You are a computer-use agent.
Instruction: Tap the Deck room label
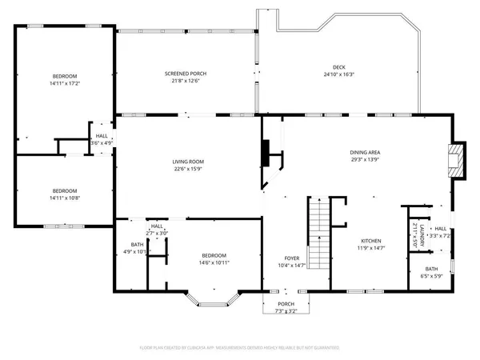pyautogui.click(x=339, y=67)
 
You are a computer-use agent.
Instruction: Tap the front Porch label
pyautogui.click(x=286, y=304)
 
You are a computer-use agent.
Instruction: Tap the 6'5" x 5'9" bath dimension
pyautogui.click(x=431, y=276)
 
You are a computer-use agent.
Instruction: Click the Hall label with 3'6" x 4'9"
pyautogui.click(x=102, y=136)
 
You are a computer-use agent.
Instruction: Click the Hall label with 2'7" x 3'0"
pyautogui.click(x=157, y=226)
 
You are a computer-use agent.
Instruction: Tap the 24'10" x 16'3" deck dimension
pyautogui.click(x=339, y=74)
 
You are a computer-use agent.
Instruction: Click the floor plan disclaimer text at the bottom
pyautogui.click(x=240, y=348)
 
